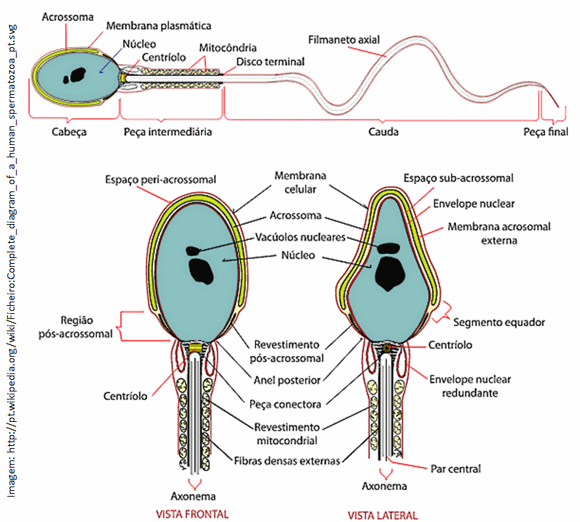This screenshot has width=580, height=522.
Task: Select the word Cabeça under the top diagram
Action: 70,132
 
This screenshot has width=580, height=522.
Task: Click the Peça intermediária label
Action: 167,132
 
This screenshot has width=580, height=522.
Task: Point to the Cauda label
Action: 384,132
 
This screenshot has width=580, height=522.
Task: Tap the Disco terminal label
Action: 270,62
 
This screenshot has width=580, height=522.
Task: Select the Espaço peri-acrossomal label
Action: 160,178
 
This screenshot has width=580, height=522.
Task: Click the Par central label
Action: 455,468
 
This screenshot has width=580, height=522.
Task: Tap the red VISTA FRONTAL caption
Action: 192,515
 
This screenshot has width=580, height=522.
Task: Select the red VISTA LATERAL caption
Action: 383,515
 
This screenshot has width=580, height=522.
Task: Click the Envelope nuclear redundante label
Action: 470,386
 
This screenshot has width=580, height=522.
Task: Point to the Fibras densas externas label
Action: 287,460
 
